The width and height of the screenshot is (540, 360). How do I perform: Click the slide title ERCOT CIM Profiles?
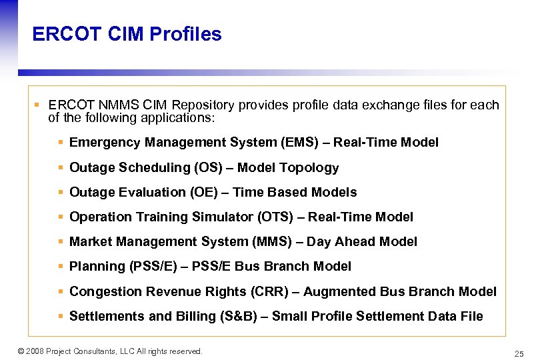click(x=127, y=34)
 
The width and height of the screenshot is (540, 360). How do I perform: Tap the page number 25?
click(x=519, y=353)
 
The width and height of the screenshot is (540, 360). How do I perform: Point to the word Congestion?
click(x=102, y=291)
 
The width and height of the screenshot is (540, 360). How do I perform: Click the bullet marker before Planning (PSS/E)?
click(x=61, y=267)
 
